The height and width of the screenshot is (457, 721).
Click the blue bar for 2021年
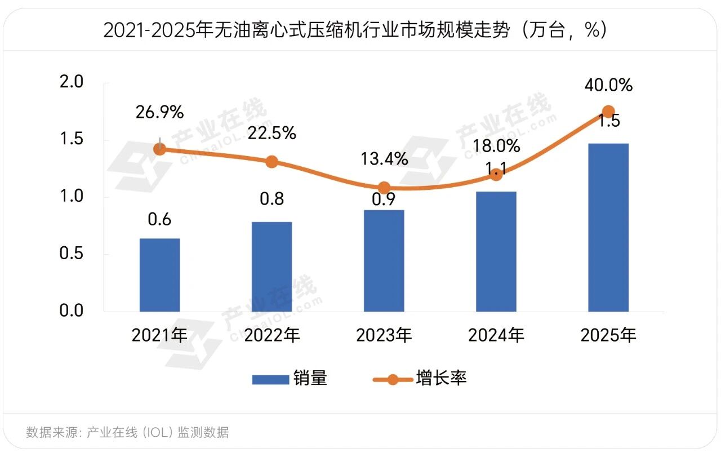[x=160, y=275]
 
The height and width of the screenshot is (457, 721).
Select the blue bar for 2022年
[x=272, y=267]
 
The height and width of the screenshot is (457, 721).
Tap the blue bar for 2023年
[x=384, y=260]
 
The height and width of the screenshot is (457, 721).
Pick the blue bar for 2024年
[x=496, y=251]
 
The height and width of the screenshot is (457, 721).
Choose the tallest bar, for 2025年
[x=608, y=228]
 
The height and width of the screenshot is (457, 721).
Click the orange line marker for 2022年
[x=272, y=162]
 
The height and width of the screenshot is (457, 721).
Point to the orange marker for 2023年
[x=384, y=188]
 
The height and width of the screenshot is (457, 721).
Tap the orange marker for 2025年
[x=608, y=112]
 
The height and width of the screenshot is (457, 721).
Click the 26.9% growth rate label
[x=160, y=112]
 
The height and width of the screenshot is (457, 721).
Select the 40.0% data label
[x=608, y=86]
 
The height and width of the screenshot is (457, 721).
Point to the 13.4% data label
[x=384, y=159]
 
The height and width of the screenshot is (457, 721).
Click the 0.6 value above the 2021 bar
[x=160, y=219]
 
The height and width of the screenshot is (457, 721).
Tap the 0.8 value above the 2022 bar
[x=272, y=199]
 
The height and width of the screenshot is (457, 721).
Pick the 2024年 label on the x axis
[x=496, y=336]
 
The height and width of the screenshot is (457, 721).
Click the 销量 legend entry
[x=290, y=378]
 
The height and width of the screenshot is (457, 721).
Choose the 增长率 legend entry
[x=420, y=378]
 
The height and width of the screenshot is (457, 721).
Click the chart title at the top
[x=355, y=30]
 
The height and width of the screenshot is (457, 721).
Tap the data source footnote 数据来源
[x=127, y=432]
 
